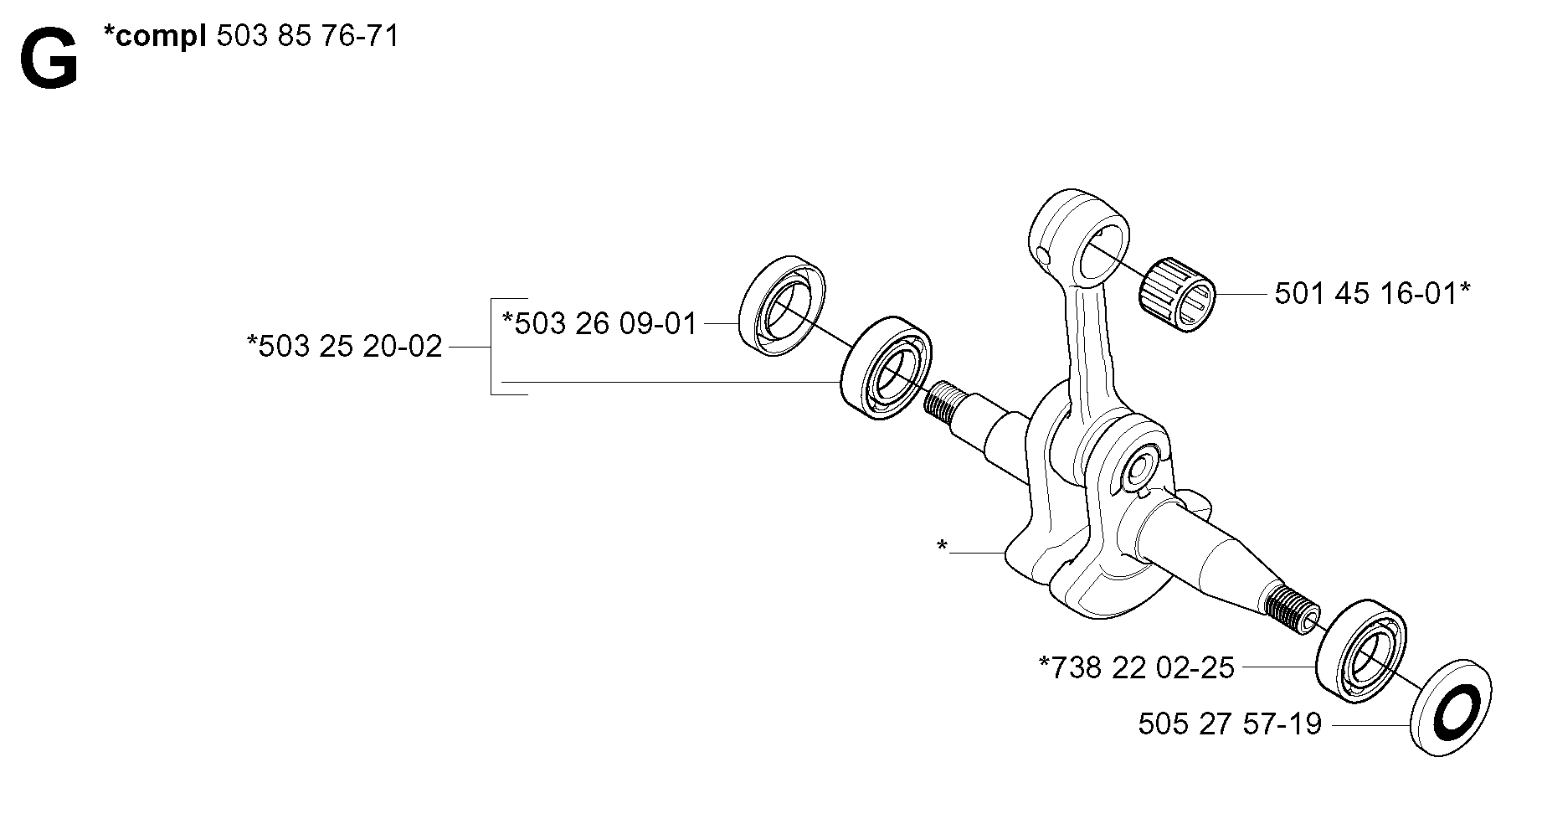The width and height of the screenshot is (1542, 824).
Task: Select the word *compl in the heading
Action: click(x=156, y=37)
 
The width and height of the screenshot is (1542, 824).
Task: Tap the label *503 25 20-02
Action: click(x=344, y=346)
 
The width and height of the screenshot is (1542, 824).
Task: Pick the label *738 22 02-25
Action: click(x=1137, y=667)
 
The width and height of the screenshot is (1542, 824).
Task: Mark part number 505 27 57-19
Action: click(x=1230, y=723)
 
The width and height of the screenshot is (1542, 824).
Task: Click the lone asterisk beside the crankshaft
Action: click(x=943, y=547)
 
